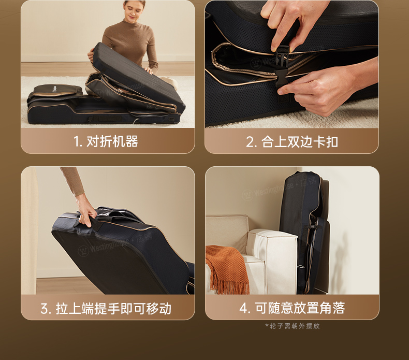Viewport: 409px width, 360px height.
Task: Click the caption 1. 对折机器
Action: pyautogui.click(x=106, y=141)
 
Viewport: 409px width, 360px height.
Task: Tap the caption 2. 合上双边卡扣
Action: pyautogui.click(x=292, y=142)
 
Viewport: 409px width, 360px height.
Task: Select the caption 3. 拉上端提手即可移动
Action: pyautogui.click(x=106, y=308)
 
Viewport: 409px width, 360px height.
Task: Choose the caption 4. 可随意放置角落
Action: pyautogui.click(x=292, y=308)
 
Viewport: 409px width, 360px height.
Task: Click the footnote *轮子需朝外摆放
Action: pyautogui.click(x=293, y=326)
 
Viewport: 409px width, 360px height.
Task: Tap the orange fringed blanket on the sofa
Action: pyautogui.click(x=227, y=269)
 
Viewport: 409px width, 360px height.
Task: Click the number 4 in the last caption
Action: pyautogui.click(x=243, y=308)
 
